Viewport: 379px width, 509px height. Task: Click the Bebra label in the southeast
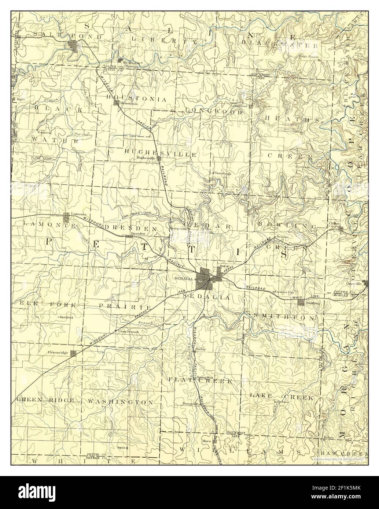click(328, 437)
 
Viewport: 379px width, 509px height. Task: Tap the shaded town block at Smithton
click(301, 302)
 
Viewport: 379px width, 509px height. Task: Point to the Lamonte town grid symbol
click(66, 218)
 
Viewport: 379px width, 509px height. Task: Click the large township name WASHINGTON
click(120, 402)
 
